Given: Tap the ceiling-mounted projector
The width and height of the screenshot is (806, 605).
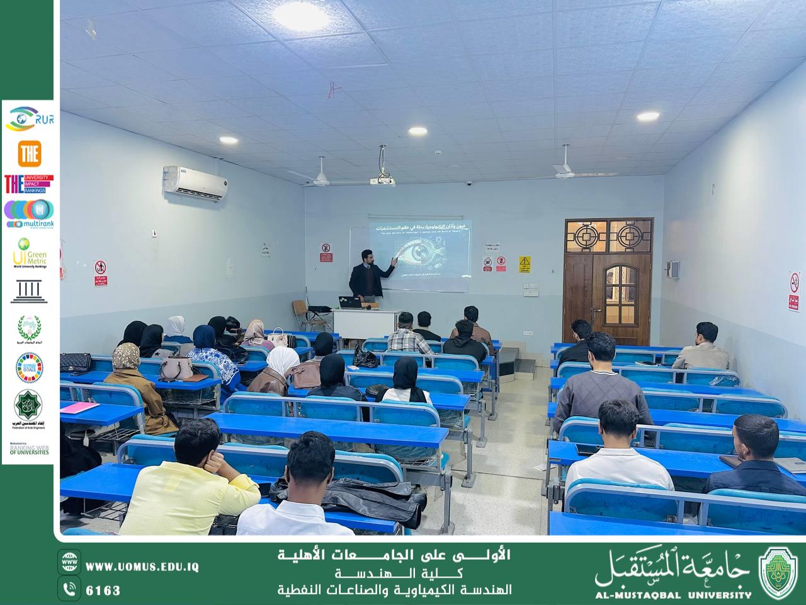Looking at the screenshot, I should coord(382,181).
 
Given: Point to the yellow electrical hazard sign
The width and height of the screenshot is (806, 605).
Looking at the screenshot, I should coord(525,264).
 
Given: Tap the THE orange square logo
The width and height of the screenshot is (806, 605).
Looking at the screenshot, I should coord(30,153).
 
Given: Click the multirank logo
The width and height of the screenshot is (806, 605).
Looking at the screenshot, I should coord(29,214).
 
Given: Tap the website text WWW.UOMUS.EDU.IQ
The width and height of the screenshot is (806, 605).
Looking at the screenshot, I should coord(142,567).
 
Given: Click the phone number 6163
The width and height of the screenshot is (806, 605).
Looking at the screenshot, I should coord(103,591).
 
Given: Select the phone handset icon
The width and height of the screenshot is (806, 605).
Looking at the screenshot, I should coord(69,590).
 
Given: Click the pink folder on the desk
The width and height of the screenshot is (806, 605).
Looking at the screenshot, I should coord(81,408).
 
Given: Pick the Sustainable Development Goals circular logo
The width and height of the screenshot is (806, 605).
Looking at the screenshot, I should coord(29,367).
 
